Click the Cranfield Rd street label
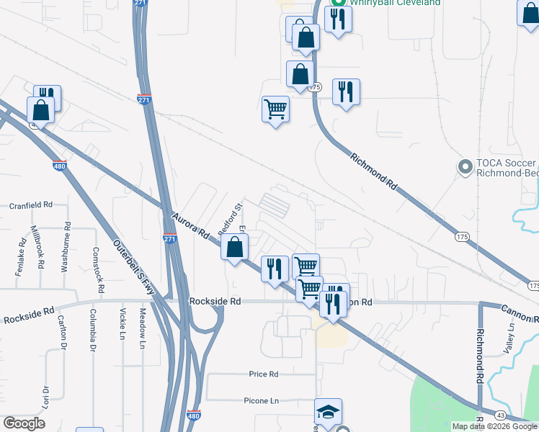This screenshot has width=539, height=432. point(32,205)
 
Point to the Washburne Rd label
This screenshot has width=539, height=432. point(66,246)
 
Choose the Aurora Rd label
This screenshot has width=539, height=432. point(192,224)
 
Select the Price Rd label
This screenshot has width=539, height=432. point(263,374)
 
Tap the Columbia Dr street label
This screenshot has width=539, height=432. point(93,330)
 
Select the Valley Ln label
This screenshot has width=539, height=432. point(512,337)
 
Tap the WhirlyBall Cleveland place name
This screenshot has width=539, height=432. point(396,3)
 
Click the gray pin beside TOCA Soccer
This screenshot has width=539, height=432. point(465,168)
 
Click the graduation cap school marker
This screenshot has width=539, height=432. point(329,413)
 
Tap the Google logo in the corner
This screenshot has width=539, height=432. point(24,423)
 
